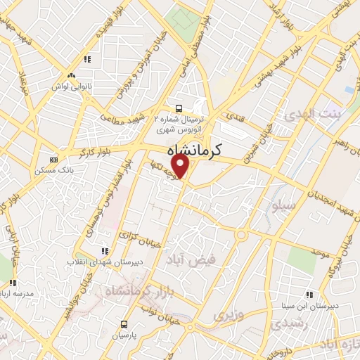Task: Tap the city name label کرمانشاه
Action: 194,150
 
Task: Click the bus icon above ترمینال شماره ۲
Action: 179,108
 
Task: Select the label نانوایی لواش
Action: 70,86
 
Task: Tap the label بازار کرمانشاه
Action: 133,290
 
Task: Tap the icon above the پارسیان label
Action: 124,324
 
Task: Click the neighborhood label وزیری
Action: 230,313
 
